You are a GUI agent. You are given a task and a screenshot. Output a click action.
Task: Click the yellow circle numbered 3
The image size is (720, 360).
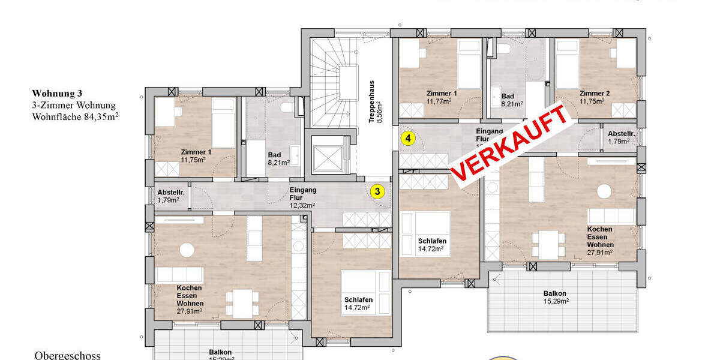pyautogui.click(x=377, y=191)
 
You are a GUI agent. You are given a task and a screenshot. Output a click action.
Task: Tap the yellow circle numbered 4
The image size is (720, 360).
pyautogui.click(x=408, y=139)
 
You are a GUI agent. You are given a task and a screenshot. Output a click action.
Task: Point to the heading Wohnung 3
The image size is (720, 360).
pyautogui.click(x=57, y=94)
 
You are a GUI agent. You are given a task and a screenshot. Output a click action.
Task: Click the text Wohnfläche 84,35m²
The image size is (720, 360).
pyautogui.click(x=75, y=116)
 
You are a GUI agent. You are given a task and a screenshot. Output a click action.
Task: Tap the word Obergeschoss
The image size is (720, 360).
pyautogui.click(x=67, y=355)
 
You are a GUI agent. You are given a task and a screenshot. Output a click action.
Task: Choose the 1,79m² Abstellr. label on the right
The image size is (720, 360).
pyautogui.click(x=618, y=137)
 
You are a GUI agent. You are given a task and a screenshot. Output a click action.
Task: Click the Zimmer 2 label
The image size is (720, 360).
pyautogui.click(x=595, y=97)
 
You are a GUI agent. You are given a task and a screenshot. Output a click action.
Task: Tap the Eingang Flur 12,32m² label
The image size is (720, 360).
pyautogui.click(x=303, y=197)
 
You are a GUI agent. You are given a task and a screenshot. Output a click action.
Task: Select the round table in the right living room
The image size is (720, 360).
pyautogui.click(x=604, y=191)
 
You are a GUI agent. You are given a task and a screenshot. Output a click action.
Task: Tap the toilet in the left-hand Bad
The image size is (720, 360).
pyautogui.click(x=287, y=108)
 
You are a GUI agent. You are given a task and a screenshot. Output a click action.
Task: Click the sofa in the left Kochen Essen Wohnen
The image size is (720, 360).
pyautogui.click(x=180, y=275)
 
